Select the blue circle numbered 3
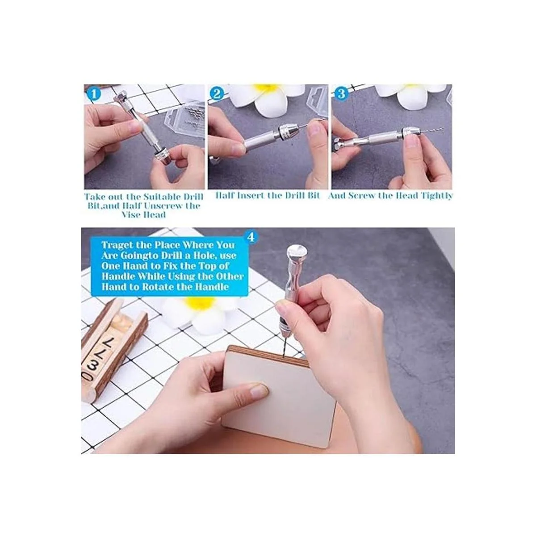pos(341,94)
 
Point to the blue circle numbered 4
pos(251,237)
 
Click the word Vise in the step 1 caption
pos(133,215)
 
